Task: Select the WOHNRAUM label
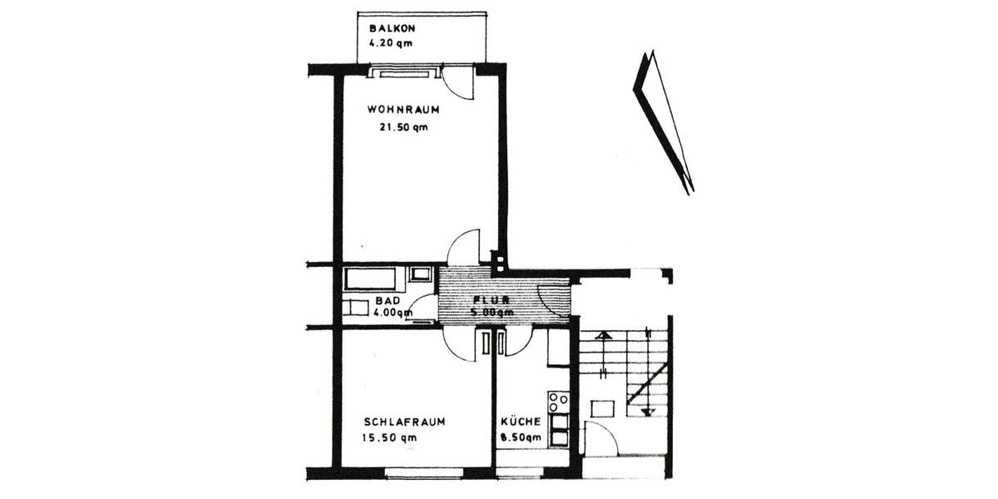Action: [403, 109]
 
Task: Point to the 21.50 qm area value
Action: [403, 127]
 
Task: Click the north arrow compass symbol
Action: [663, 121]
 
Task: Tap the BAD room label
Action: [388, 300]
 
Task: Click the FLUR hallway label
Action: [492, 299]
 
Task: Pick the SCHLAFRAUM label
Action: [404, 422]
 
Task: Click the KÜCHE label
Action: [521, 422]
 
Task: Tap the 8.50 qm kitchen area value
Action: [521, 437]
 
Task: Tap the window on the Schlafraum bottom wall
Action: [417, 472]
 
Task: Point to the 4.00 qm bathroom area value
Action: [393, 313]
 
